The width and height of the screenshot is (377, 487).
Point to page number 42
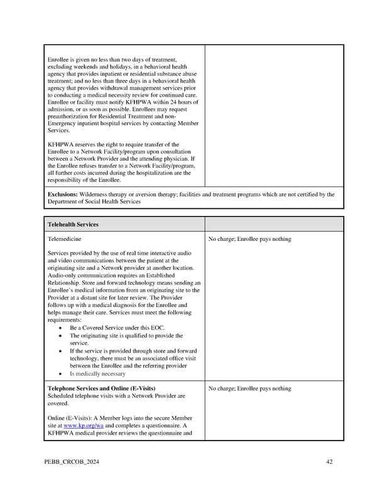(x=329, y=462)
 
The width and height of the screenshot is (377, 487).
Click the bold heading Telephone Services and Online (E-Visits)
(x=101, y=388)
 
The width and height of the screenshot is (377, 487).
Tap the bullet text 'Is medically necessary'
(x=97, y=373)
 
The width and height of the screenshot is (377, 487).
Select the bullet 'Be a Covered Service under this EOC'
(x=111, y=328)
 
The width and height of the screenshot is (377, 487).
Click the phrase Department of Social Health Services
(x=94, y=201)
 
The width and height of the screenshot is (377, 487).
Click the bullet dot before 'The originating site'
(x=59, y=336)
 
